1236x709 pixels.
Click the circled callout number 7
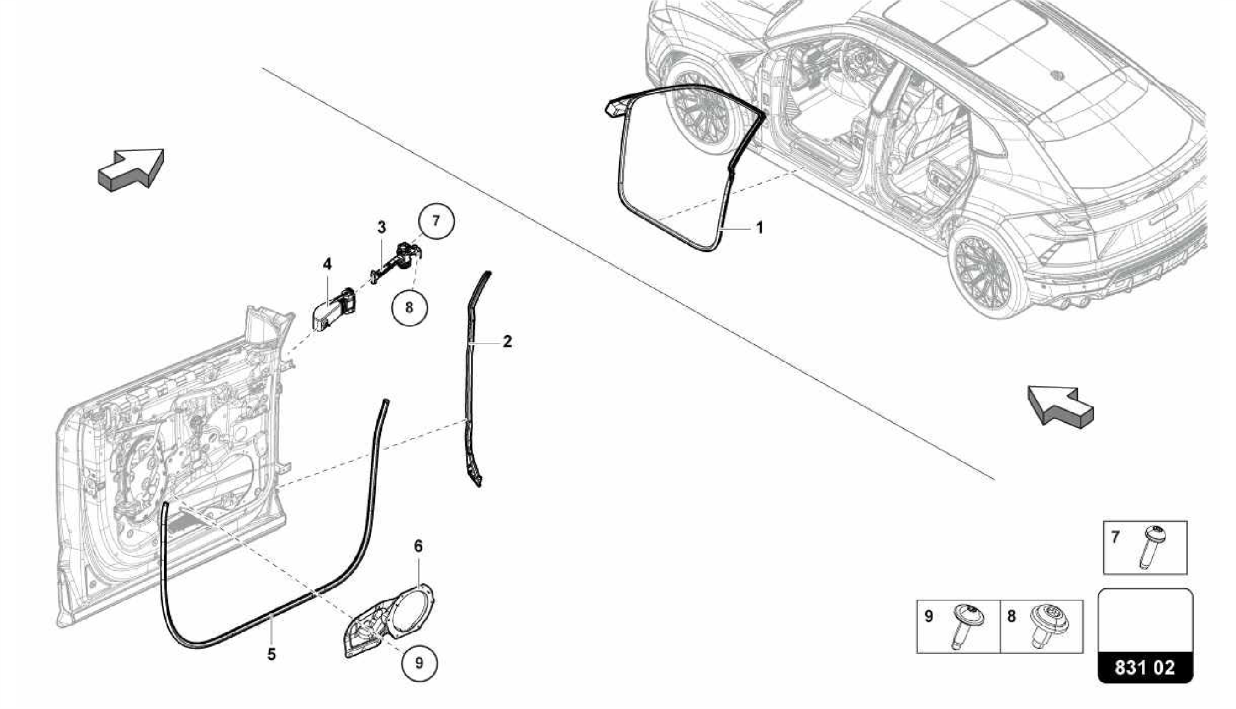(x=436, y=222)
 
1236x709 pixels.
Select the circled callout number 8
(x=409, y=307)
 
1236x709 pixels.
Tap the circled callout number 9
(x=419, y=662)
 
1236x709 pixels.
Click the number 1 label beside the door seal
(x=760, y=228)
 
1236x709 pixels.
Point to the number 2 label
(x=507, y=342)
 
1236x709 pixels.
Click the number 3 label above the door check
(x=381, y=228)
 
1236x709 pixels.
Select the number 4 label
(x=327, y=264)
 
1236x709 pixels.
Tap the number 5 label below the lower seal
(x=272, y=653)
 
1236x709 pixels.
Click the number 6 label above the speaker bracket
(x=418, y=547)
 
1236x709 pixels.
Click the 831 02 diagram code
(x=1144, y=669)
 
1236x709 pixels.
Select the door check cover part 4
(x=333, y=309)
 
